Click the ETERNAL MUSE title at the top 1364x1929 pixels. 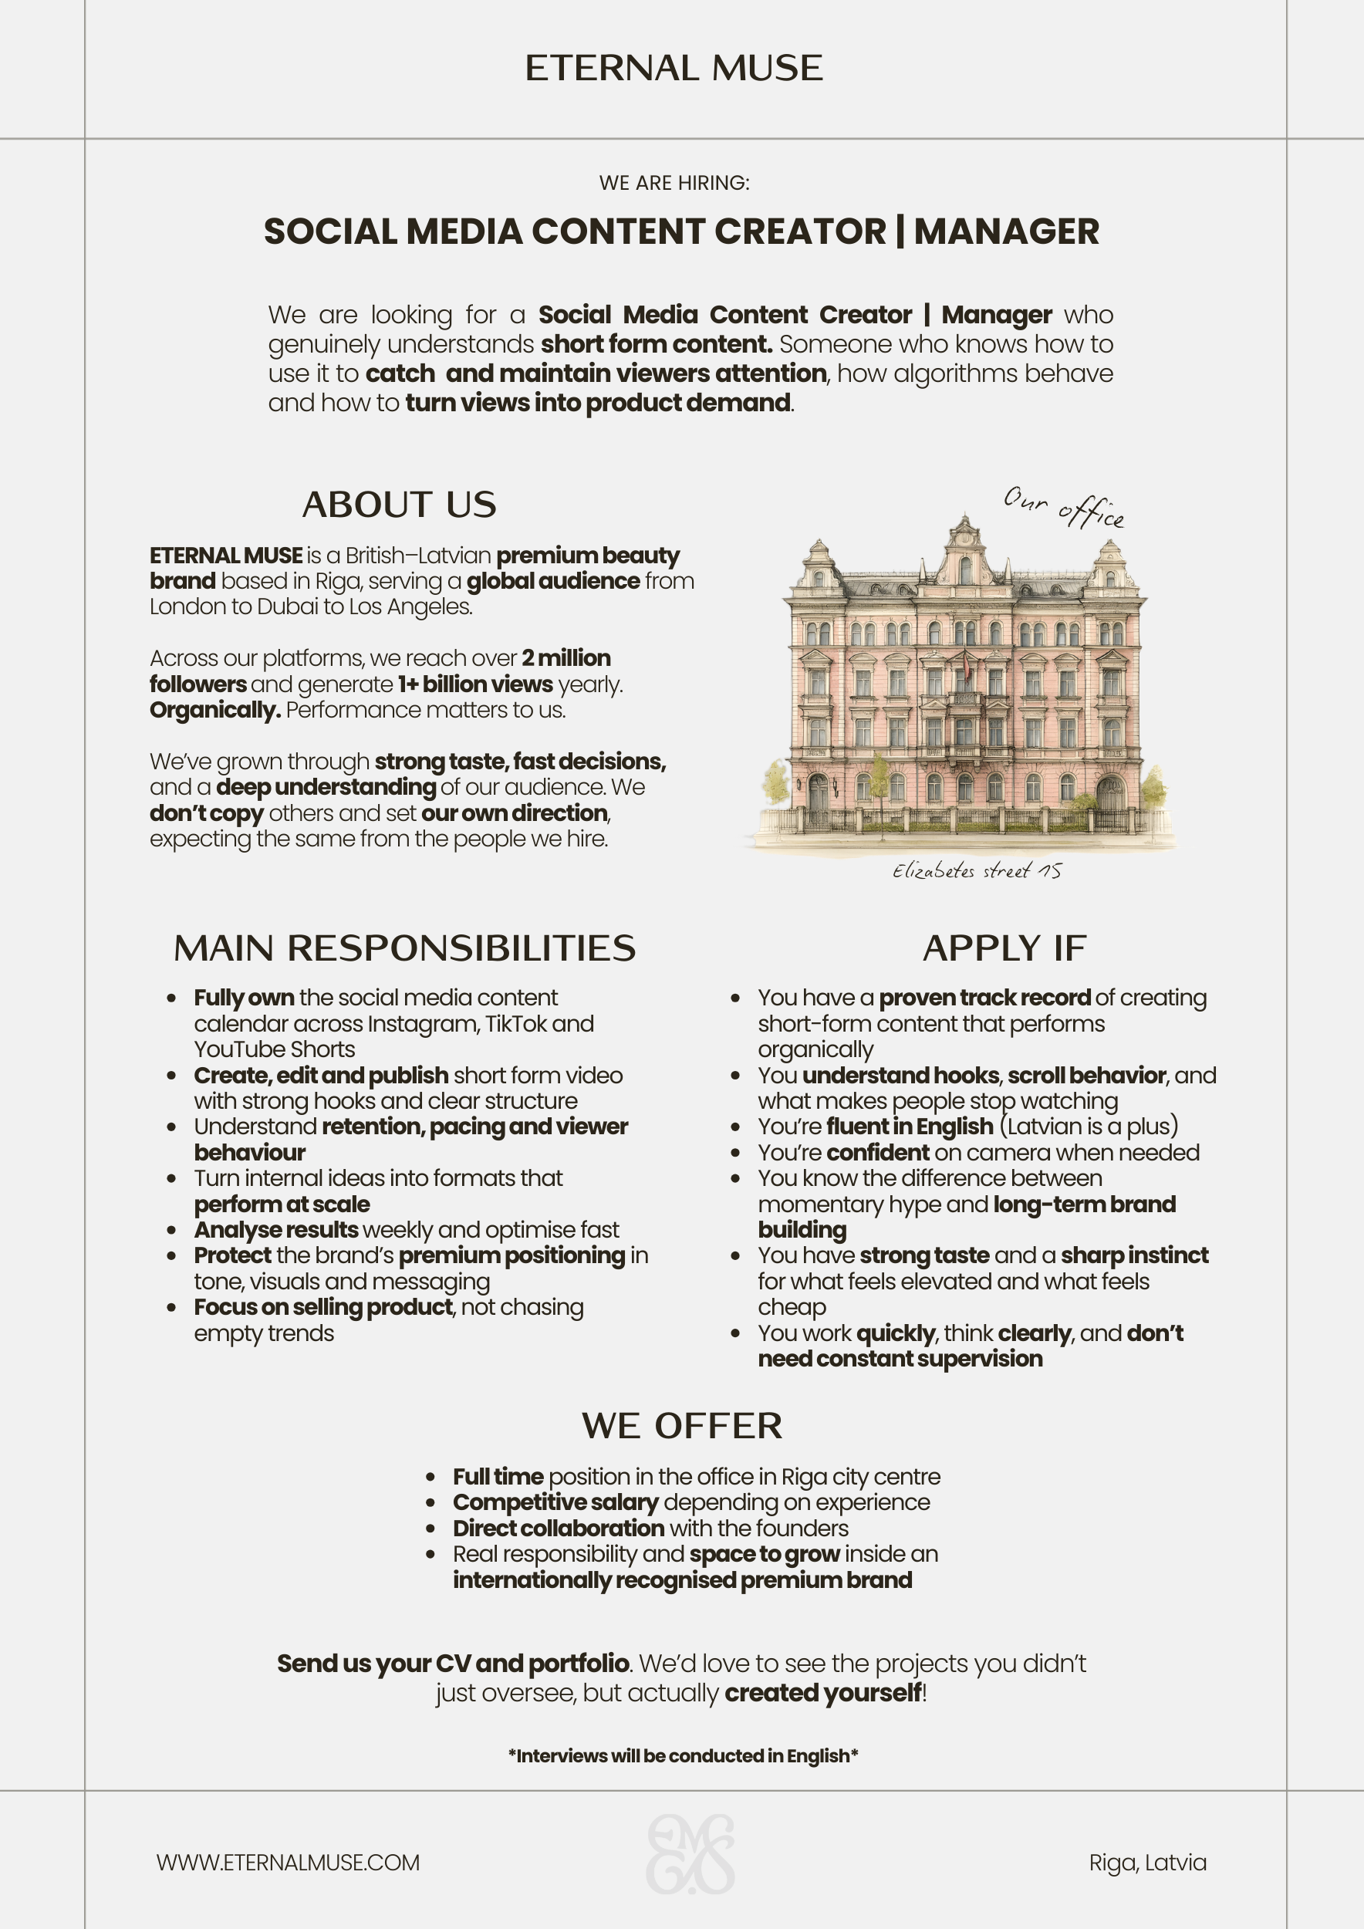pos(674,68)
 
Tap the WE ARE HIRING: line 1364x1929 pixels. pos(674,182)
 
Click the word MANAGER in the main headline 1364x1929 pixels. pos(1006,231)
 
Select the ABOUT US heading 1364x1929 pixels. pos(399,504)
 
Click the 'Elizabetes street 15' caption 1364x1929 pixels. pos(976,870)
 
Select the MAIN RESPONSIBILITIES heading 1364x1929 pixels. pos(404,948)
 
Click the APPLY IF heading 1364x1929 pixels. pos(1004,948)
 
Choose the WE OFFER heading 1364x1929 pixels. pos(682,1426)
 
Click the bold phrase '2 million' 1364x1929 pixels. pos(566,658)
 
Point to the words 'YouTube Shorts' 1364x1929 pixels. pos(275,1049)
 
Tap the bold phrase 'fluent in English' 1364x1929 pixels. pos(910,1126)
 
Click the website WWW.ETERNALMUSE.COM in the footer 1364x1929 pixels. pos(288,1863)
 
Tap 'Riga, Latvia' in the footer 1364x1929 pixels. pos(1147,1863)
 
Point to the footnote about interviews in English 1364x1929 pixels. pos(682,1756)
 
